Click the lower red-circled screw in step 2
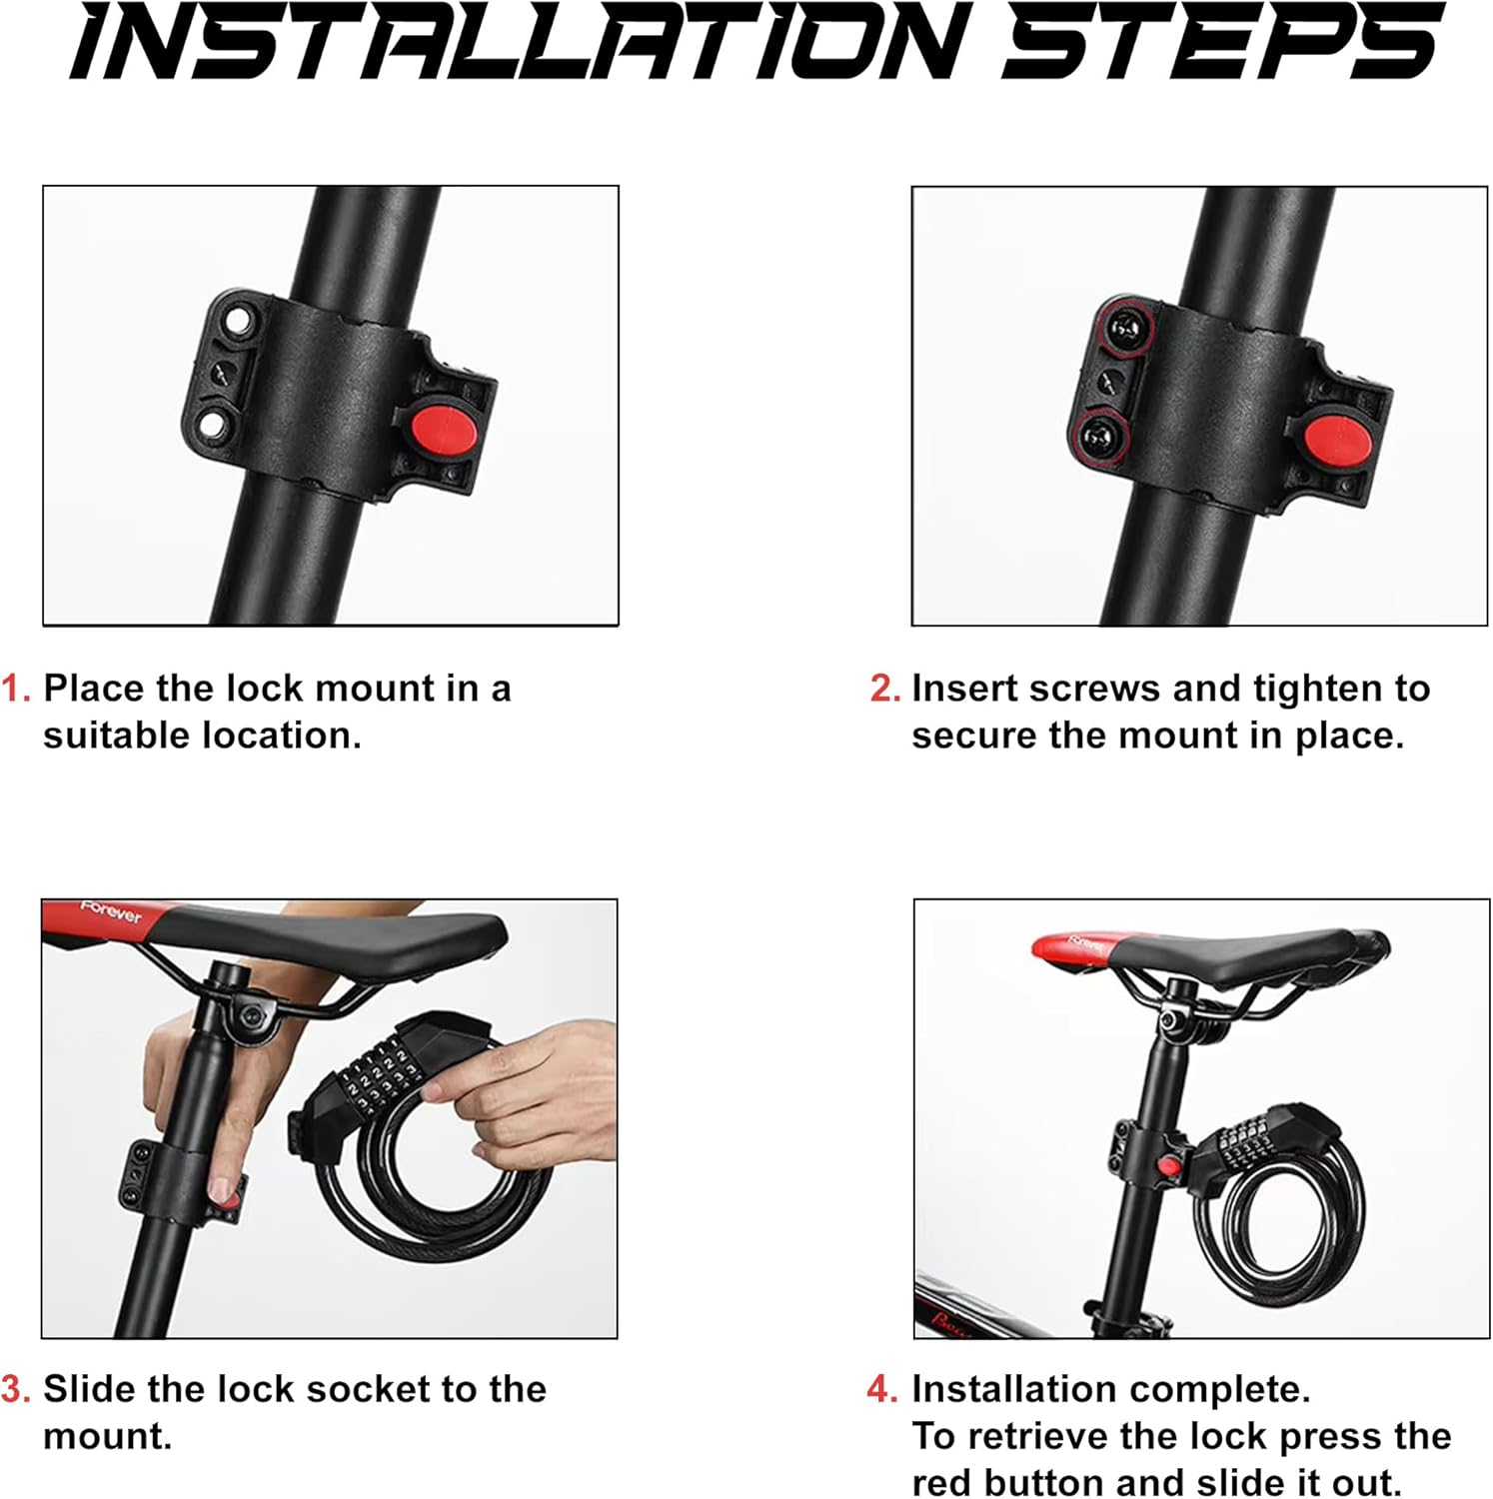(1098, 436)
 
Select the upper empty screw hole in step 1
(238, 321)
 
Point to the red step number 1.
(17, 689)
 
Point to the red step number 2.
(884, 689)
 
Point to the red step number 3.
(16, 1389)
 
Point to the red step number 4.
(882, 1389)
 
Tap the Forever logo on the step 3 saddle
(111, 912)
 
